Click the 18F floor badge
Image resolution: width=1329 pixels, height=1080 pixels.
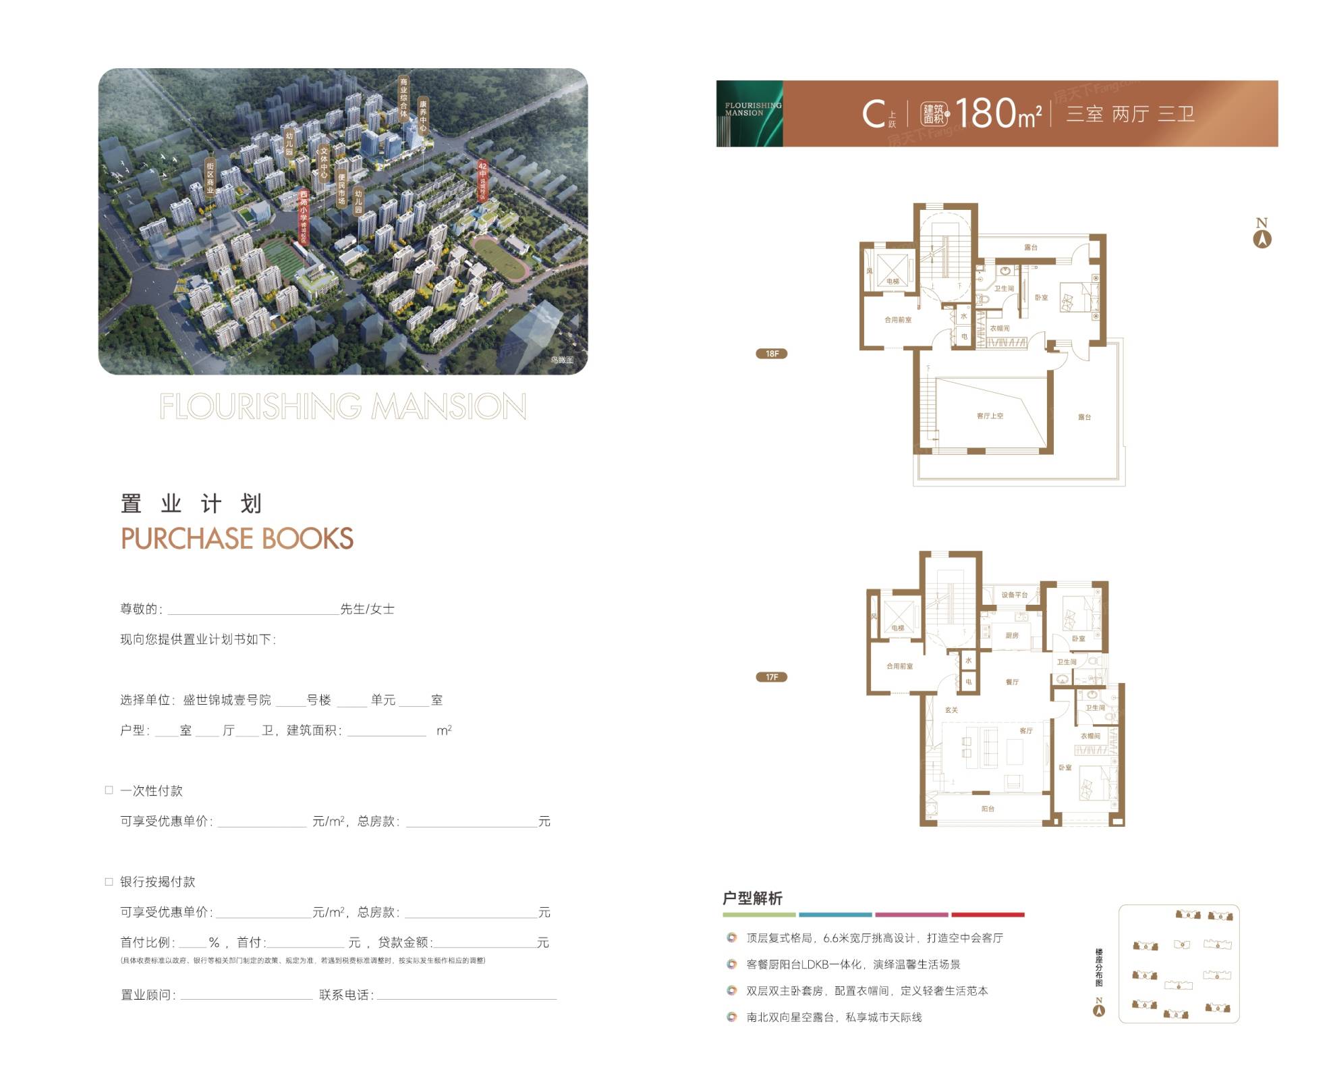point(771,354)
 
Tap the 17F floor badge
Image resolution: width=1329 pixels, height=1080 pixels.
point(771,677)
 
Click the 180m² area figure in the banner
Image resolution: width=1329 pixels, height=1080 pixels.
point(998,113)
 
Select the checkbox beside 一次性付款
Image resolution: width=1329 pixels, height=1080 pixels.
point(109,790)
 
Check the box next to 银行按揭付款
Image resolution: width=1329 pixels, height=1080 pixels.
point(109,881)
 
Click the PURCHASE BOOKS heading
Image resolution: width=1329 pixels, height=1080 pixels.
point(237,539)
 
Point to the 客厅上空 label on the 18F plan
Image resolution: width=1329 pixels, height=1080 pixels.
point(990,416)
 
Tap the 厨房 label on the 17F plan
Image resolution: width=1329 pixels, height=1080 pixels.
point(1012,635)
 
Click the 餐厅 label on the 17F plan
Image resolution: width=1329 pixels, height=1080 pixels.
point(1012,682)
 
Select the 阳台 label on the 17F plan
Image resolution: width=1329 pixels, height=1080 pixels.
point(988,808)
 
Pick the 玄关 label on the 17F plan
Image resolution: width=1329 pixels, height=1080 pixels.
point(951,710)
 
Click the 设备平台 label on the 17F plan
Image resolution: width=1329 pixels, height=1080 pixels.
point(1014,595)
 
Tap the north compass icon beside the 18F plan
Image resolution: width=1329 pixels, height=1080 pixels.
point(1262,238)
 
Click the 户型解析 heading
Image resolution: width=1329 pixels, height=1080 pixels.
point(752,898)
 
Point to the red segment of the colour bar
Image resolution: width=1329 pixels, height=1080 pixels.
point(988,915)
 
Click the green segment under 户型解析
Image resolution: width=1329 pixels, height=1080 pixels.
point(759,915)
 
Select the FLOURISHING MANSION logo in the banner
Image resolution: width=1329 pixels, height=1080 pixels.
point(750,113)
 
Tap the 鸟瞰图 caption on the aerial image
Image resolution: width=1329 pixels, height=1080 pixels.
point(561,360)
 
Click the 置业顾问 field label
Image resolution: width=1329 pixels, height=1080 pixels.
point(148,995)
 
